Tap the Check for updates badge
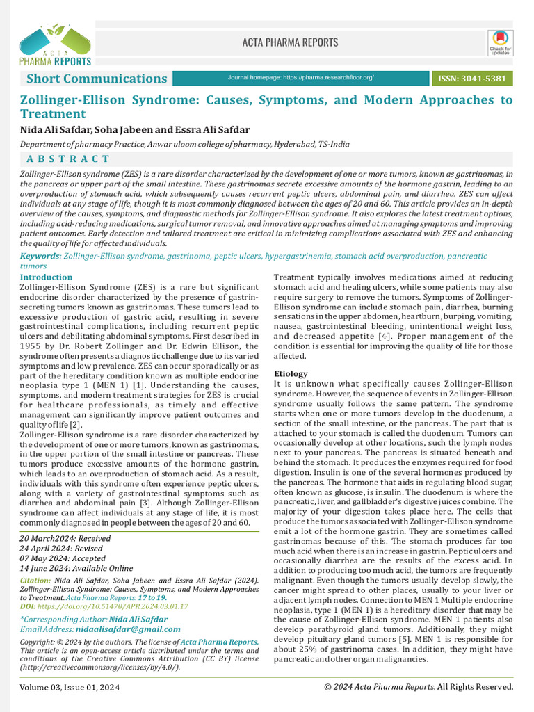pyautogui.click(x=500, y=42)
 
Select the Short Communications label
pyautogui.click(x=97, y=79)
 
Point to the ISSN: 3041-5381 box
pyautogui.click(x=474, y=79)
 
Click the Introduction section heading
pyautogui.click(x=46, y=277)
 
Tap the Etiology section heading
pyautogui.click(x=291, y=374)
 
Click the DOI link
pyautogui.click(x=114, y=606)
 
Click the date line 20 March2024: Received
pyautogui.click(x=60, y=539)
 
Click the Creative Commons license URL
pyautogui.click(x=100, y=667)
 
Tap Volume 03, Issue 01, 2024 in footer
pyautogui.click(x=70, y=687)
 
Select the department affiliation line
pyautogui.click(x=184, y=145)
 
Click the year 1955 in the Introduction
pyautogui.click(x=31, y=346)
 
